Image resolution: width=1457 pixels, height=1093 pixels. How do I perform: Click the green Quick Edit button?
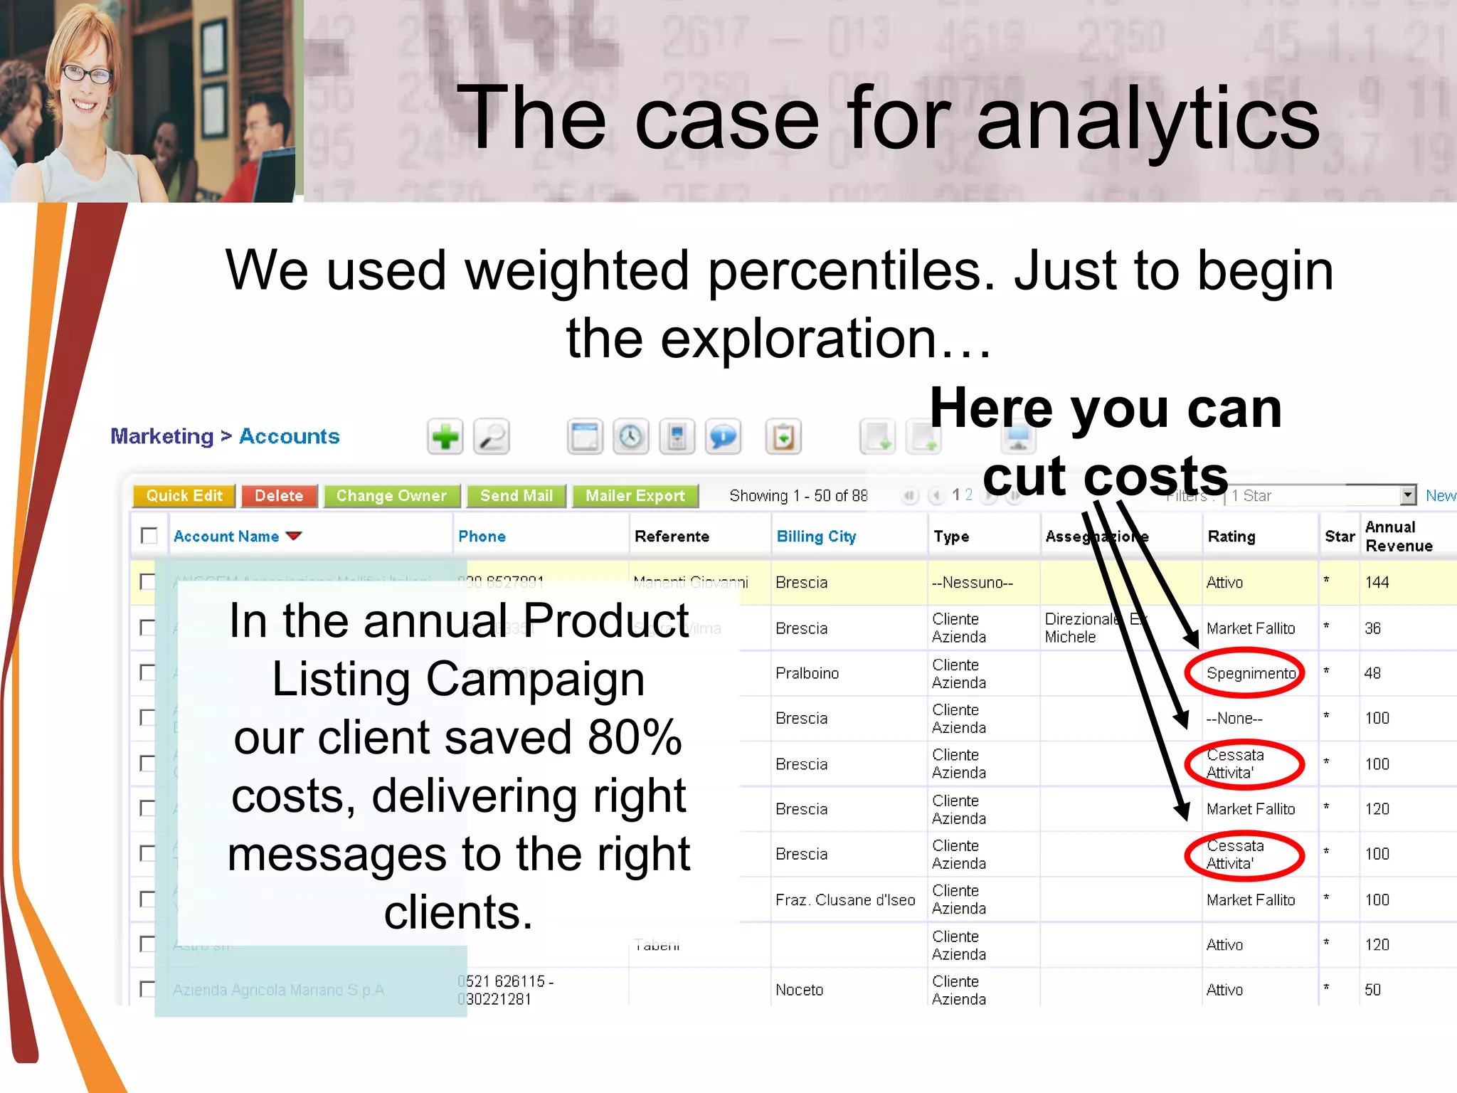tap(184, 496)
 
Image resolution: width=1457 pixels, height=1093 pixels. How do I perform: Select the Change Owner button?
tap(391, 496)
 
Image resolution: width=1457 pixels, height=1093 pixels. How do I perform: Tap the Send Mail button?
tap(516, 496)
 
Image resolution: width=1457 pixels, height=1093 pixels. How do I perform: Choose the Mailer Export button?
tap(635, 496)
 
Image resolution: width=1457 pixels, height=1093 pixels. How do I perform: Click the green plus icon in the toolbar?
tap(445, 436)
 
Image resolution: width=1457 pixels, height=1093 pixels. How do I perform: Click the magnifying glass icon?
tap(492, 436)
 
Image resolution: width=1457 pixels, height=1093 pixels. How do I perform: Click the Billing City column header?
tap(816, 537)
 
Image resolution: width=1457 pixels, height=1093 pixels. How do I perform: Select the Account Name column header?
tap(226, 537)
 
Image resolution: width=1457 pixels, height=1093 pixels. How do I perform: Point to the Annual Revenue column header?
tap(1398, 537)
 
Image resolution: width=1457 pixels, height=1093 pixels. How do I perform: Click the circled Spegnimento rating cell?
tap(1250, 673)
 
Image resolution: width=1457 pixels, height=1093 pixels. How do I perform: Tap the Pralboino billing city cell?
tap(807, 673)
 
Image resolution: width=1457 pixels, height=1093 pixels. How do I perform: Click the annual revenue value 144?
tap(1377, 582)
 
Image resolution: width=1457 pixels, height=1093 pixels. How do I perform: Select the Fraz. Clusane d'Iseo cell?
tap(845, 900)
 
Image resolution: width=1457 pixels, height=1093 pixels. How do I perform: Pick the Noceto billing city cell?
tap(799, 990)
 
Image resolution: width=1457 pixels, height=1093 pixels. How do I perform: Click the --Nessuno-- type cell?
tap(972, 582)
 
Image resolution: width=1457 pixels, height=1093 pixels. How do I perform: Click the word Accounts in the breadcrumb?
tap(289, 436)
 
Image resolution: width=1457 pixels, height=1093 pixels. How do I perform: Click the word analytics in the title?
tap(1148, 117)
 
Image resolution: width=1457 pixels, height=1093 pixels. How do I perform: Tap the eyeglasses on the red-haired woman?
tap(88, 73)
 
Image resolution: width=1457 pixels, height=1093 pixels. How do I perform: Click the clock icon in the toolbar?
tap(630, 436)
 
